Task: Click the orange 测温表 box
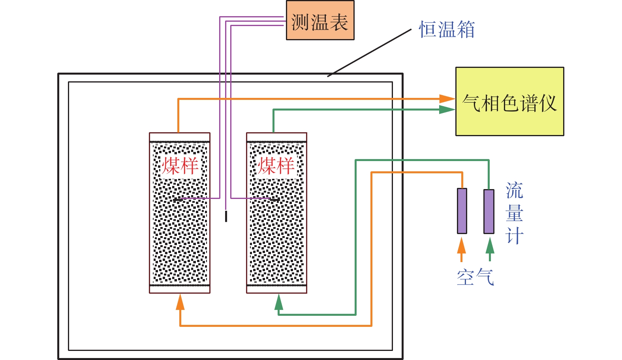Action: [x=320, y=21]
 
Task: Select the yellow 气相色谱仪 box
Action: [x=509, y=101]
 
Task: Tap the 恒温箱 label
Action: [x=447, y=30]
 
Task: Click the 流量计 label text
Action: [x=514, y=213]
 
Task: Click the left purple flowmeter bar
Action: [x=462, y=211]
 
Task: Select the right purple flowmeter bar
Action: [x=489, y=212]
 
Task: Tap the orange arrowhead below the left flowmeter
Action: [x=461, y=246]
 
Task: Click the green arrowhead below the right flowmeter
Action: [x=490, y=246]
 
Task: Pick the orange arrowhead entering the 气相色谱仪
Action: [x=447, y=99]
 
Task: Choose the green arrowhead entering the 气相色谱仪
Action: [x=447, y=110]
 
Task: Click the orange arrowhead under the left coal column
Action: [x=180, y=302]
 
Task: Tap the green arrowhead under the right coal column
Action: [x=279, y=302]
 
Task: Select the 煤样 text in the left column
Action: [x=180, y=166]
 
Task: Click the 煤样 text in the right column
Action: [x=276, y=166]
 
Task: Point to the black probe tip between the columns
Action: [x=226, y=216]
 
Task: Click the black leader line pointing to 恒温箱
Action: [x=369, y=52]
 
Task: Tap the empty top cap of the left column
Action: [x=180, y=137]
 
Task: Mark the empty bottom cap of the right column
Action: [x=276, y=289]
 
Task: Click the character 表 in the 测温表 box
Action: [x=339, y=22]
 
